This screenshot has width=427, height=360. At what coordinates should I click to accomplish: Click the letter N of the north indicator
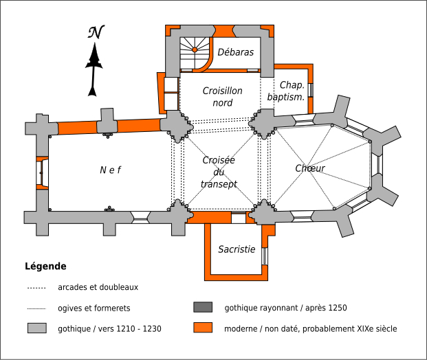pos(96,33)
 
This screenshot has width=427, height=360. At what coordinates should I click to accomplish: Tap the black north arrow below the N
pos(94,69)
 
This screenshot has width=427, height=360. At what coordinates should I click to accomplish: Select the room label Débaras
pos(236,52)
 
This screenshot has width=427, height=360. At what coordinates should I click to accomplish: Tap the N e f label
pos(110,170)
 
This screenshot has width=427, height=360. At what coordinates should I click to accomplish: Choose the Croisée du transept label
pos(219,172)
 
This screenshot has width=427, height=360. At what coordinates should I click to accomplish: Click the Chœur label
pos(310,168)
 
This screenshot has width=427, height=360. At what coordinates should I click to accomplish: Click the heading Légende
pos(45,266)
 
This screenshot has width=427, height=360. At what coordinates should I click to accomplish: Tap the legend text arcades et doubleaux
pos(98,287)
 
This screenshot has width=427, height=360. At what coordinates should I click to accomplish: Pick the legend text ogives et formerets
pos(94,308)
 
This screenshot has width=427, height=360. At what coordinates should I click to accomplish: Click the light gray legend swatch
pos(36,328)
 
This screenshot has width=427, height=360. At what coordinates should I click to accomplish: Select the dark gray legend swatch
pos(203,308)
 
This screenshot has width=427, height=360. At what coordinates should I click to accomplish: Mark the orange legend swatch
pos(203,328)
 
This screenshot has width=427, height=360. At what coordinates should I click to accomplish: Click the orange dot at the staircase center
pos(195,50)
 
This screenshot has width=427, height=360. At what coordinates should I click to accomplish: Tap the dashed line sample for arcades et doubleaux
pos(36,287)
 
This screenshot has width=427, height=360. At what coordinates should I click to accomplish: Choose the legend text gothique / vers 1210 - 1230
pos(110,329)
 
